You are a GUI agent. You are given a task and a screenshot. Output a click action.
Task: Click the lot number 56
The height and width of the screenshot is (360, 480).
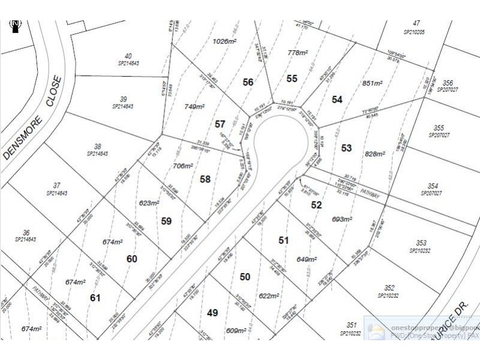pos(248,82)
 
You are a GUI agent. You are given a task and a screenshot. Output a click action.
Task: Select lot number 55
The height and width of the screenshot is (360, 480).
pos(292,78)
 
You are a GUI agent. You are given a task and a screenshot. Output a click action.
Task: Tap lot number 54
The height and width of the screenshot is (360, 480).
pos(337,100)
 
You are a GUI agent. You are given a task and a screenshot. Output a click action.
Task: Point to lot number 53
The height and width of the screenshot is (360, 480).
pos(347,148)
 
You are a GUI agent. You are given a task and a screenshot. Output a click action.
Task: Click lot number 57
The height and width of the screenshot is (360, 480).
pos(220,124)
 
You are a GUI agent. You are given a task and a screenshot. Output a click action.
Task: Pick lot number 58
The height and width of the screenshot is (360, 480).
pos(205,179)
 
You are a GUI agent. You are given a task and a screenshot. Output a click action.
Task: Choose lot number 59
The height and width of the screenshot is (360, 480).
pos(167,221)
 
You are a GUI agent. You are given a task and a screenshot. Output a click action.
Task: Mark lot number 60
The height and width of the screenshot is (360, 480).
pos(132,259)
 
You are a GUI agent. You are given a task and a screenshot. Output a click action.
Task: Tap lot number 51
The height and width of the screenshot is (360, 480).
pos(284,240)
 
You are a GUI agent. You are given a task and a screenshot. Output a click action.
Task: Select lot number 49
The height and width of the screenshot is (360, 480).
pos(212,313)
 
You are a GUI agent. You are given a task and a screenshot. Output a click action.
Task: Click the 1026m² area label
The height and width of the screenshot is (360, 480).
pos(225,41)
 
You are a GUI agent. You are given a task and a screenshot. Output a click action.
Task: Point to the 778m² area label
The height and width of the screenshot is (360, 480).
pos(297,53)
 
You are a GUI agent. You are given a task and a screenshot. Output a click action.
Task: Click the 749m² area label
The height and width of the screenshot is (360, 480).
pos(194,106)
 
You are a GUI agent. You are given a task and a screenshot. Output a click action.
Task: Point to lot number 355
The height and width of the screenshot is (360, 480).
pos(439,128)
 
